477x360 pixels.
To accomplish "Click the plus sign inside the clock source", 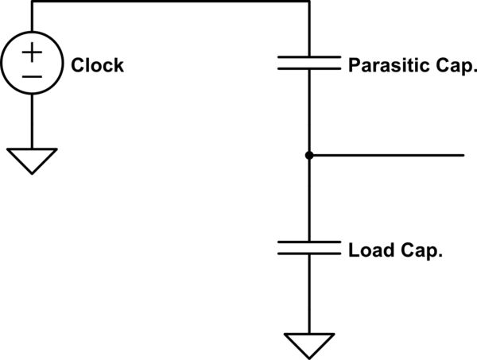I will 32,52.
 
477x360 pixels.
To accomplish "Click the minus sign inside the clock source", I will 32,76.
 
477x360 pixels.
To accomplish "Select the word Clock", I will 97,65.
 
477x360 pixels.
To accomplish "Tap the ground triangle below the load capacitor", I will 308,344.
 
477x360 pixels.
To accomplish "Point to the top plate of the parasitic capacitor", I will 308,57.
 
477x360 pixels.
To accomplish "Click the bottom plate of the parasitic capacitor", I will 308,70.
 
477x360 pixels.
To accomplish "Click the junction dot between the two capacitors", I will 308,155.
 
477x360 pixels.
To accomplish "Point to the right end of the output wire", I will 463,155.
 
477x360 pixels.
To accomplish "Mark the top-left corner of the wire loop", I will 33,2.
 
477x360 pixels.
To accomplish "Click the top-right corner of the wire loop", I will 308,2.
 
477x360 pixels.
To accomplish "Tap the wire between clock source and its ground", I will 33,119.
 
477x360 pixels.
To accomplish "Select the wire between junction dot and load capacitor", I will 308,199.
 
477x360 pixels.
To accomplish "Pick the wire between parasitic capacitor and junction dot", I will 308,111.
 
